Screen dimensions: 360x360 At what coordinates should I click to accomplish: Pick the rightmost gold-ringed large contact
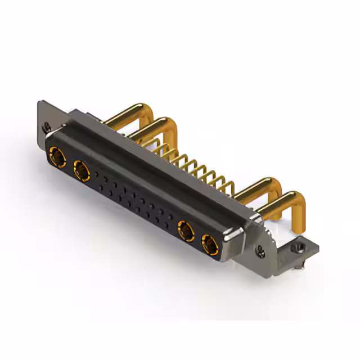pyautogui.click(x=209, y=244)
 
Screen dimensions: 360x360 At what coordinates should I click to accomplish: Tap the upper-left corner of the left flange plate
pyautogui.click(x=40, y=104)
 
